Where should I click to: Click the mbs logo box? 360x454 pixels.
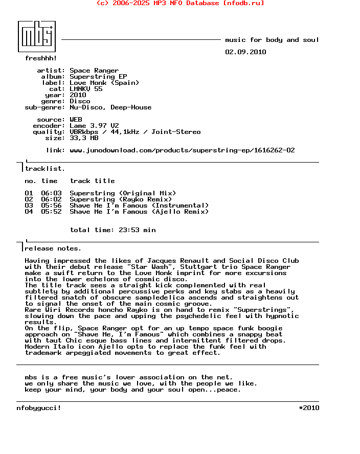click(37, 36)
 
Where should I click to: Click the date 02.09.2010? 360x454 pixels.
click(245, 52)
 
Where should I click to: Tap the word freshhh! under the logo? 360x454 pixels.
click(41, 58)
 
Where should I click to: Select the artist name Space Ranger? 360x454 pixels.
click(94, 71)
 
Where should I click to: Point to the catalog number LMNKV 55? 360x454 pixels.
click(86, 89)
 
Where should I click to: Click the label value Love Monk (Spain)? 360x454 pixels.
click(104, 83)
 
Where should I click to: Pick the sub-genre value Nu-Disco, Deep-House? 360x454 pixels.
click(110, 107)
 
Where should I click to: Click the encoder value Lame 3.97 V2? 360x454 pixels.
click(94, 126)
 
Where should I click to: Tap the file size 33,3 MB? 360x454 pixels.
click(84, 138)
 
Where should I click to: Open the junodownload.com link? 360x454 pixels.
click(182, 150)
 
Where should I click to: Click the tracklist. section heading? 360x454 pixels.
click(45, 169)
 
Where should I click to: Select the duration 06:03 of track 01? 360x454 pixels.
click(51, 193)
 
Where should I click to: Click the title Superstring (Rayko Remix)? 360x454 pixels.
click(121, 199)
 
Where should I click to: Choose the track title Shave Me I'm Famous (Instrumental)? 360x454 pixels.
click(139, 206)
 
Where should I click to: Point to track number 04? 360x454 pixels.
click(29, 212)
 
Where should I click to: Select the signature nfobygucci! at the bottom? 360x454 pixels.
click(39, 408)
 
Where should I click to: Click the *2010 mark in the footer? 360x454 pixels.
click(309, 408)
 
